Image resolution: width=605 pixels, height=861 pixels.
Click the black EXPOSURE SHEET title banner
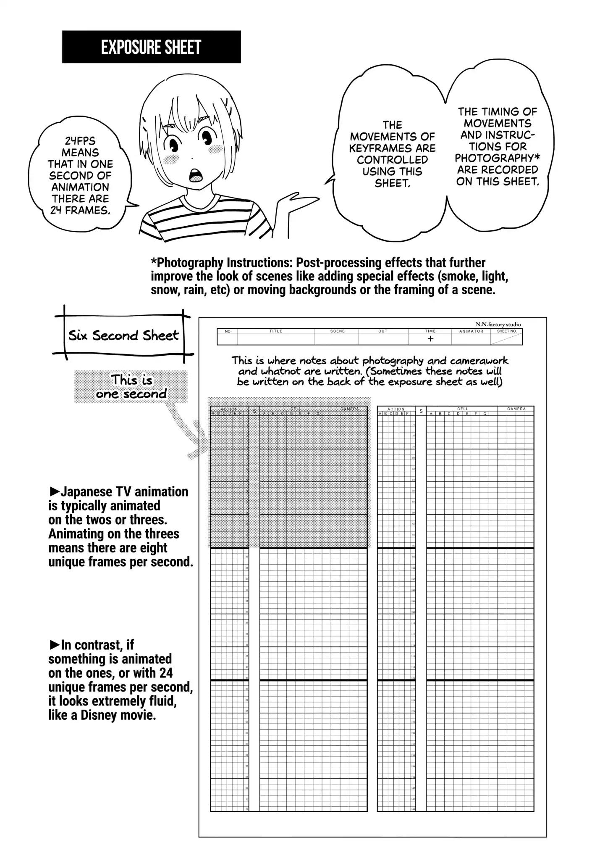click(151, 47)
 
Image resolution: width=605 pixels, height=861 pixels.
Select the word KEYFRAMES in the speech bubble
click(392, 148)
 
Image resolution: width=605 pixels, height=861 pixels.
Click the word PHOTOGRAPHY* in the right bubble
click(498, 158)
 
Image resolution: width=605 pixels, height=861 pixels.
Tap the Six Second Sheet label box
click(123, 335)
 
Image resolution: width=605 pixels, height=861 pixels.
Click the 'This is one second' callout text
click(131, 387)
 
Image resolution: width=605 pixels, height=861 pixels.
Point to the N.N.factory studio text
click(498, 324)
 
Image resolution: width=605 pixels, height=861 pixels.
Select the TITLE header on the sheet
click(276, 331)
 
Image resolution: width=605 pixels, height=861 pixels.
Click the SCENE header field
click(337, 331)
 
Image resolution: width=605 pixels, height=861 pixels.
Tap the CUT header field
click(383, 331)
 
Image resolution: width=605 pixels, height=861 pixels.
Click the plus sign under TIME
click(430, 339)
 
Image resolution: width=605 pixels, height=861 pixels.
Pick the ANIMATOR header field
click(471, 331)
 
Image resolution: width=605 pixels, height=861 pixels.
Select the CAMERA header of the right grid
click(516, 409)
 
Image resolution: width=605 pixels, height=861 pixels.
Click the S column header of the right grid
click(421, 411)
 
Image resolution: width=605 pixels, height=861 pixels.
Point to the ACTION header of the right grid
click(396, 409)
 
